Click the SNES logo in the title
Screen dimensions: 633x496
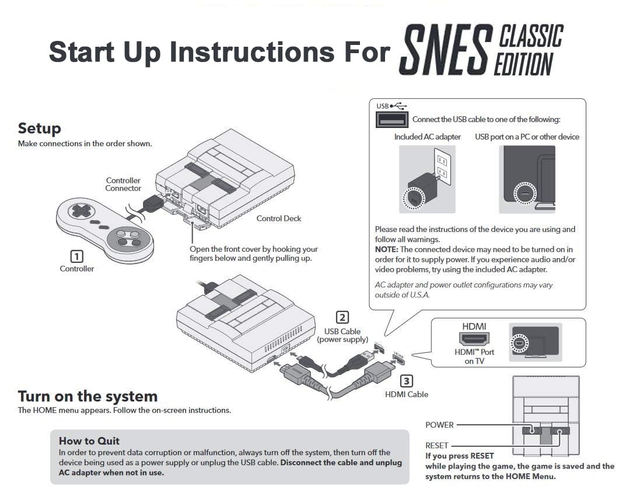[x=445, y=50]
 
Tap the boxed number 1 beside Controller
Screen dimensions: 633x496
[x=76, y=256]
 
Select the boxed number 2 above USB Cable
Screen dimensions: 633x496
[x=342, y=317]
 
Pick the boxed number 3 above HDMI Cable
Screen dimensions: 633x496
[x=406, y=381]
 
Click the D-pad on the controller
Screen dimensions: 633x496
[x=81, y=210]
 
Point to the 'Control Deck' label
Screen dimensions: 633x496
[x=278, y=218]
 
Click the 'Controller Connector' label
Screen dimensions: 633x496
[x=123, y=185]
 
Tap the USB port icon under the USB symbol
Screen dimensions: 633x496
[x=391, y=120]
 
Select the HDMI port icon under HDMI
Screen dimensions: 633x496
[x=474, y=338]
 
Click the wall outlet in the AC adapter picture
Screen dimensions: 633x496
[x=442, y=167]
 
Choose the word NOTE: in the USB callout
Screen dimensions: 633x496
[x=386, y=249]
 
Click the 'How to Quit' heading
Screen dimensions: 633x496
[x=89, y=440]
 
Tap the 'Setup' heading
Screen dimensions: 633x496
[x=39, y=129]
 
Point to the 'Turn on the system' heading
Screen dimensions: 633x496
[x=88, y=396]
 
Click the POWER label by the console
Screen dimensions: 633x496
[x=439, y=425]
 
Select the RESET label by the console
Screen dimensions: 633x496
[x=436, y=446]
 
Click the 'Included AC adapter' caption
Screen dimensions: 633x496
[x=427, y=137]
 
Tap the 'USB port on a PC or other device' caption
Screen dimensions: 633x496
[x=527, y=137]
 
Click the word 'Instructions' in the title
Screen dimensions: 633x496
[x=251, y=52]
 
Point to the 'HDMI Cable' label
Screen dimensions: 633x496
[x=407, y=394]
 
